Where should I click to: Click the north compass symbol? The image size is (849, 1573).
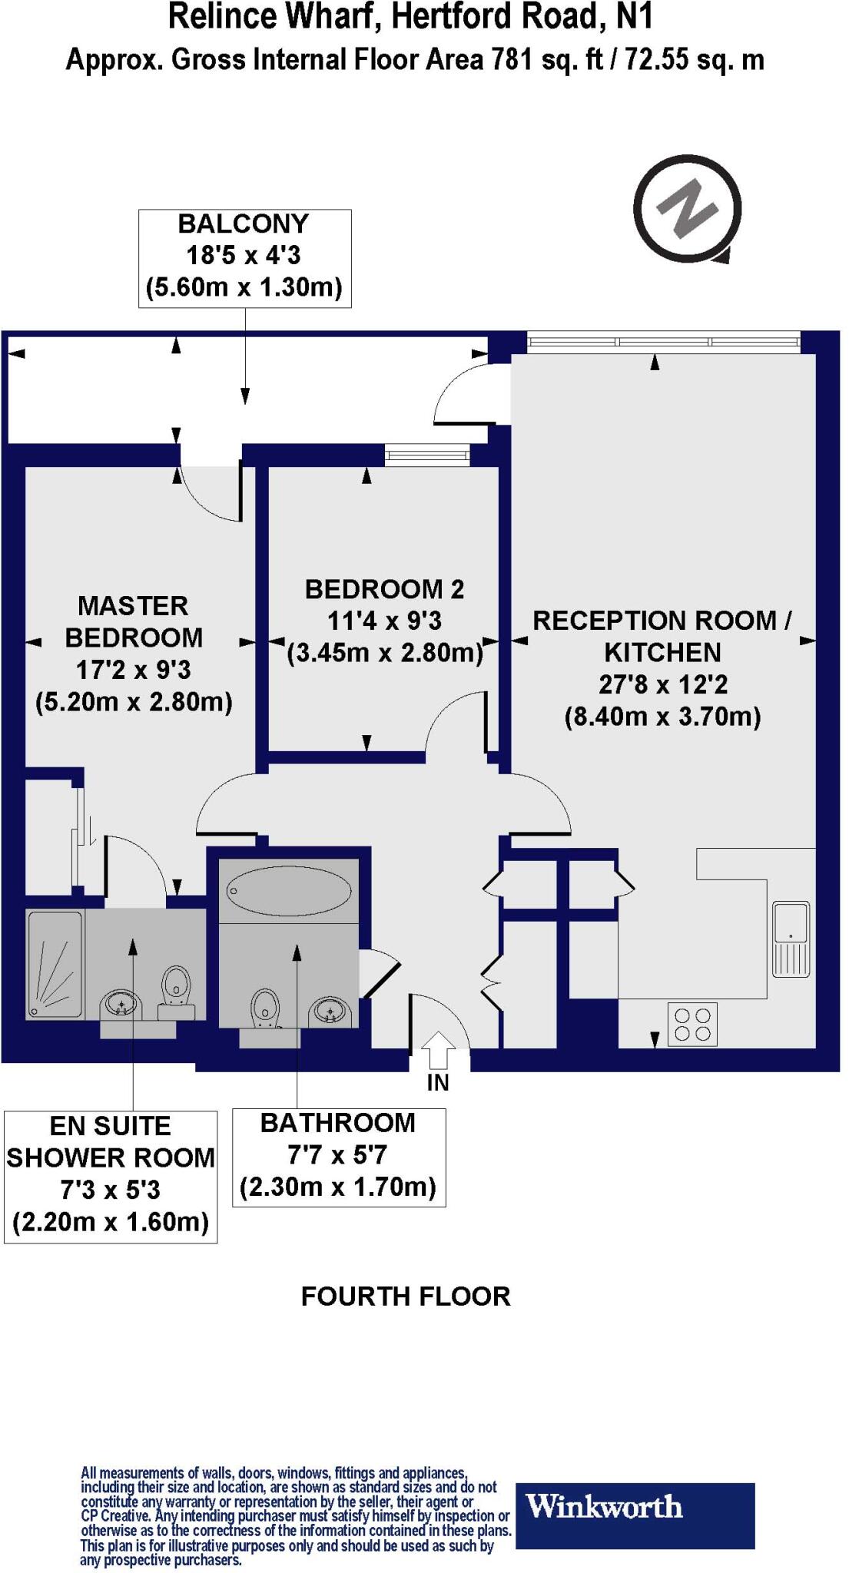point(688,209)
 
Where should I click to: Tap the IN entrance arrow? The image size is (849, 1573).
point(438,1050)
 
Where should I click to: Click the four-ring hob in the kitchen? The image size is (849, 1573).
point(692,1024)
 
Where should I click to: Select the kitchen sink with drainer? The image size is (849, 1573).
point(791,939)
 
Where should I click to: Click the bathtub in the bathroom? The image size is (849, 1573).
point(289,891)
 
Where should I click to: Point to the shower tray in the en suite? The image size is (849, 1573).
point(55,965)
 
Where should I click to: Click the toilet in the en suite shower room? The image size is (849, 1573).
point(176,988)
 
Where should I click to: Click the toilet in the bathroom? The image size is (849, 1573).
point(266,1008)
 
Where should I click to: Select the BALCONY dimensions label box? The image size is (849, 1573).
point(244,258)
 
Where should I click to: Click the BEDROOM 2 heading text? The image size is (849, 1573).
point(384,589)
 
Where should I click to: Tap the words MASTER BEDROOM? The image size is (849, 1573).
point(134,621)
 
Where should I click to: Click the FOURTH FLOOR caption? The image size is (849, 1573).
point(405,1296)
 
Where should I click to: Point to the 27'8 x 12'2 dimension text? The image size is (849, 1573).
point(662,684)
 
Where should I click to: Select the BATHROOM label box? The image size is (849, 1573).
point(338,1157)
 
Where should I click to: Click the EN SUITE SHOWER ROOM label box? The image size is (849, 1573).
point(111,1176)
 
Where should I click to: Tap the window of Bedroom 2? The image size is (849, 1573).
point(426,456)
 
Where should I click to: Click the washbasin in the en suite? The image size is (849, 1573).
point(122,1003)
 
